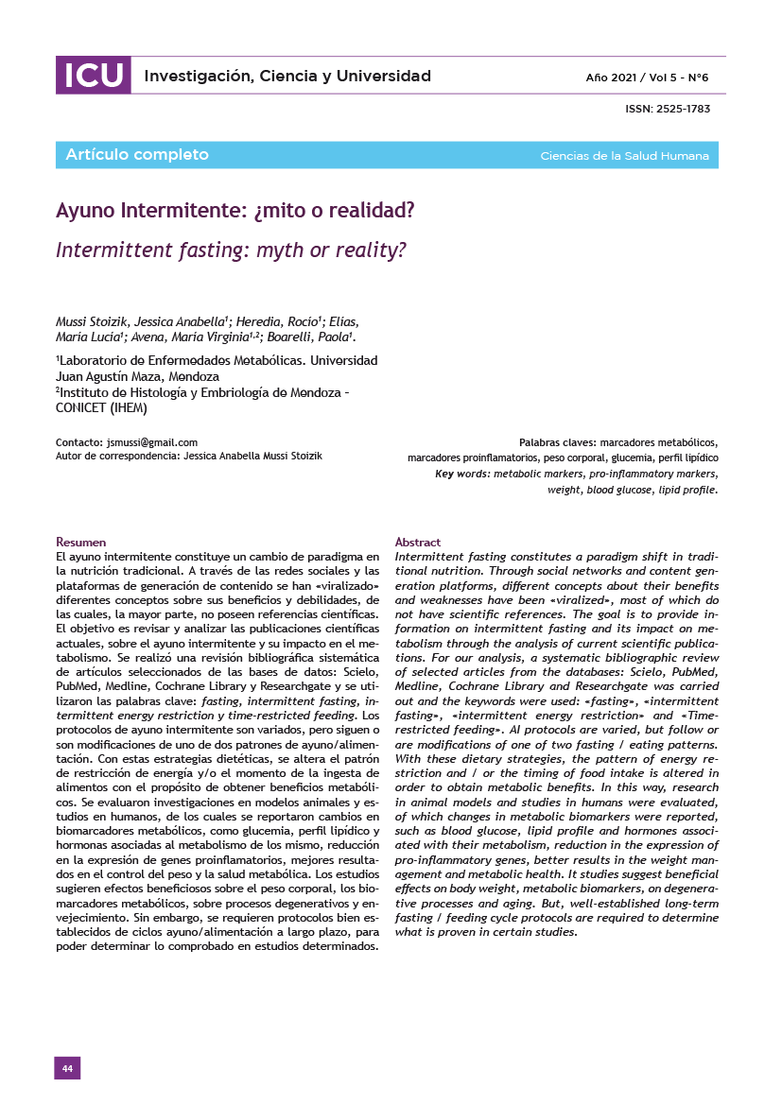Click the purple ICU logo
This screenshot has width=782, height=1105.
point(93,76)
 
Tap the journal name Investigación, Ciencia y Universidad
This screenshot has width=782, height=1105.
point(287,77)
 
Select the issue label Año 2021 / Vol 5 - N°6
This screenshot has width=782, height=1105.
point(647,77)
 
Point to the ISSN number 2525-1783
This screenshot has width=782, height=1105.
point(668,109)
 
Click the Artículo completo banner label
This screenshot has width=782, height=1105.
point(137,155)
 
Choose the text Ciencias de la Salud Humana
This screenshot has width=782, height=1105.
point(624,156)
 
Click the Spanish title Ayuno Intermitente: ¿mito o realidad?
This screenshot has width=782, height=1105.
point(235,210)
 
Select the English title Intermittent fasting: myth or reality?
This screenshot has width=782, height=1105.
point(231,250)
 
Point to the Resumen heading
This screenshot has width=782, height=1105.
point(81,542)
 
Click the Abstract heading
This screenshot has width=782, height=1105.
point(417,542)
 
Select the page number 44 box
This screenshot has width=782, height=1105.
point(67,1068)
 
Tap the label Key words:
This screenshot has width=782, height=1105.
point(462,474)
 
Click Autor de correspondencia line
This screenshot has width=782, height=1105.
point(189,456)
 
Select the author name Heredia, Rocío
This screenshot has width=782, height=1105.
point(283,321)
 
